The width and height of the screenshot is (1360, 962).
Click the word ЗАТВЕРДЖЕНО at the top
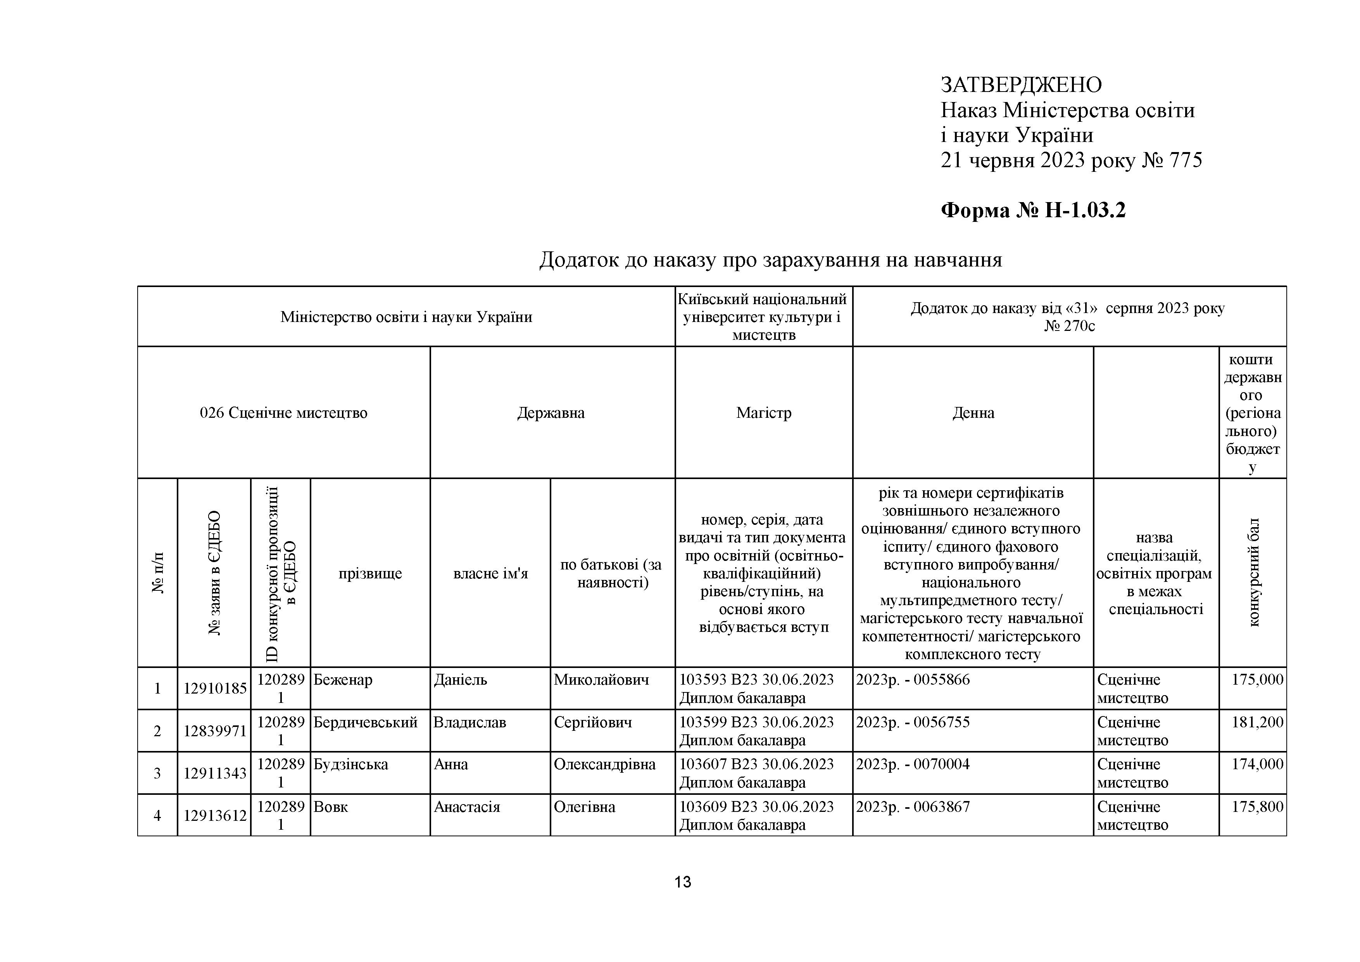[x=1021, y=85]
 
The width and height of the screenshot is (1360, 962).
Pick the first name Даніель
[x=460, y=680]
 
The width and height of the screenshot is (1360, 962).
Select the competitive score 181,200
[x=1257, y=723]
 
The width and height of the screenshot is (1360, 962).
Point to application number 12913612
[x=214, y=816]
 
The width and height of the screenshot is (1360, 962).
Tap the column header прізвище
[x=370, y=573]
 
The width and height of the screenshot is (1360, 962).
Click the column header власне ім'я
[x=490, y=573]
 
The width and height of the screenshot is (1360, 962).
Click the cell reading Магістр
[x=763, y=413]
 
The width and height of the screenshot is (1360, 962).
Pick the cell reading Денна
[x=973, y=413]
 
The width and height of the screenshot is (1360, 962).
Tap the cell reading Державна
[x=551, y=413]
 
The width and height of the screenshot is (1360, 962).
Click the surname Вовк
[x=331, y=807]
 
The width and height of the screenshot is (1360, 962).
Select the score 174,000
[x=1257, y=765]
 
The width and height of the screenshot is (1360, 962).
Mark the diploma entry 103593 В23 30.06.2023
[x=756, y=680]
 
